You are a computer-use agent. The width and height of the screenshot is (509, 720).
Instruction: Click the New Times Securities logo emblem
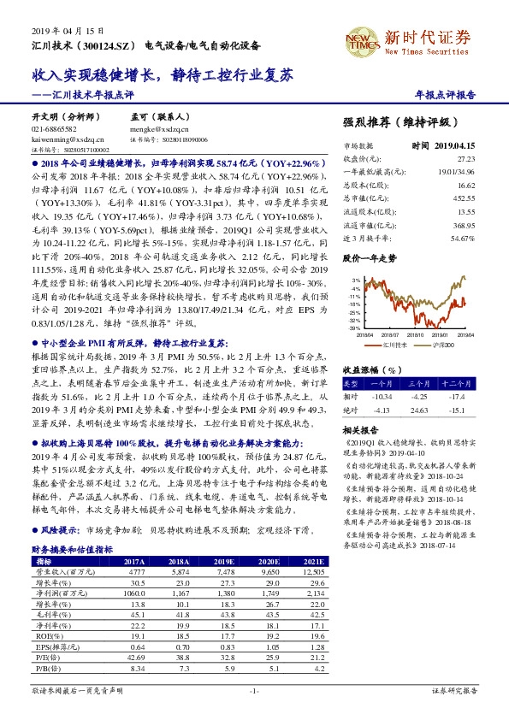coord(361,39)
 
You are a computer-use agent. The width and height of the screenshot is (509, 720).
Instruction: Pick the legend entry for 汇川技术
coord(393,345)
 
